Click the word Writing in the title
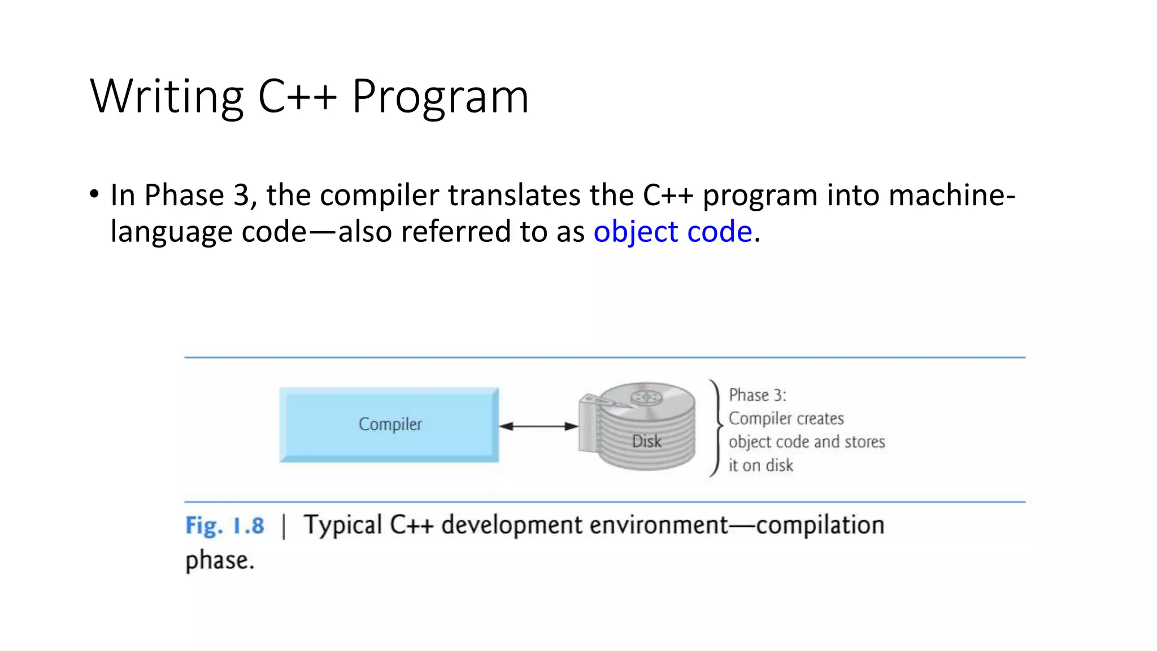[167, 97]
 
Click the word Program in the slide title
[440, 97]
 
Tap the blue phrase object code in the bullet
[672, 232]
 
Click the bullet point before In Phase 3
[94, 195]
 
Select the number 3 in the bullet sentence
[241, 196]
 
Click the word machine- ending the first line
[951, 196]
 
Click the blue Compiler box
[389, 425]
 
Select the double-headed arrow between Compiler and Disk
[538, 426]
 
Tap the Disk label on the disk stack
[646, 441]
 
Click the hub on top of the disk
[646, 397]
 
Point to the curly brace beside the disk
[716, 428]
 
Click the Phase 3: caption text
[757, 395]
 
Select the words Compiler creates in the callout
[786, 419]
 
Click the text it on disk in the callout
[760, 466]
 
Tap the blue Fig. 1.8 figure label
[224, 526]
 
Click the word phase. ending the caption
[220, 561]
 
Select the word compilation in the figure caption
[820, 526]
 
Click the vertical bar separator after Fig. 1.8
[284, 526]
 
